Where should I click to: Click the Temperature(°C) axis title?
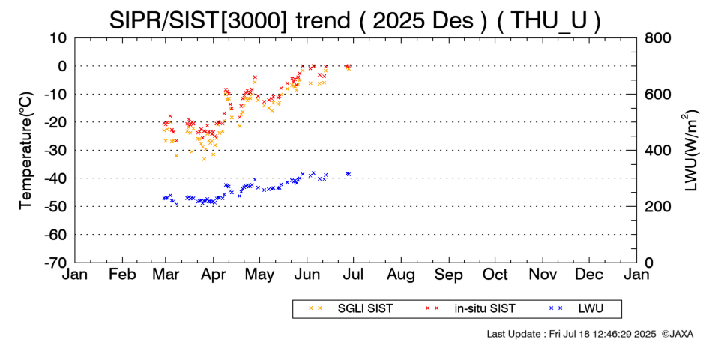coord(25,150)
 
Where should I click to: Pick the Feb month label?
coord(122,274)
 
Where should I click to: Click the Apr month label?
coord(214,274)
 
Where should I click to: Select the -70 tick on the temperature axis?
coord(56,262)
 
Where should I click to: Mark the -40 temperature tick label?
coord(56,178)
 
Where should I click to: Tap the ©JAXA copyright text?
coord(678,333)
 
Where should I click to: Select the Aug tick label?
coord(401,274)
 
